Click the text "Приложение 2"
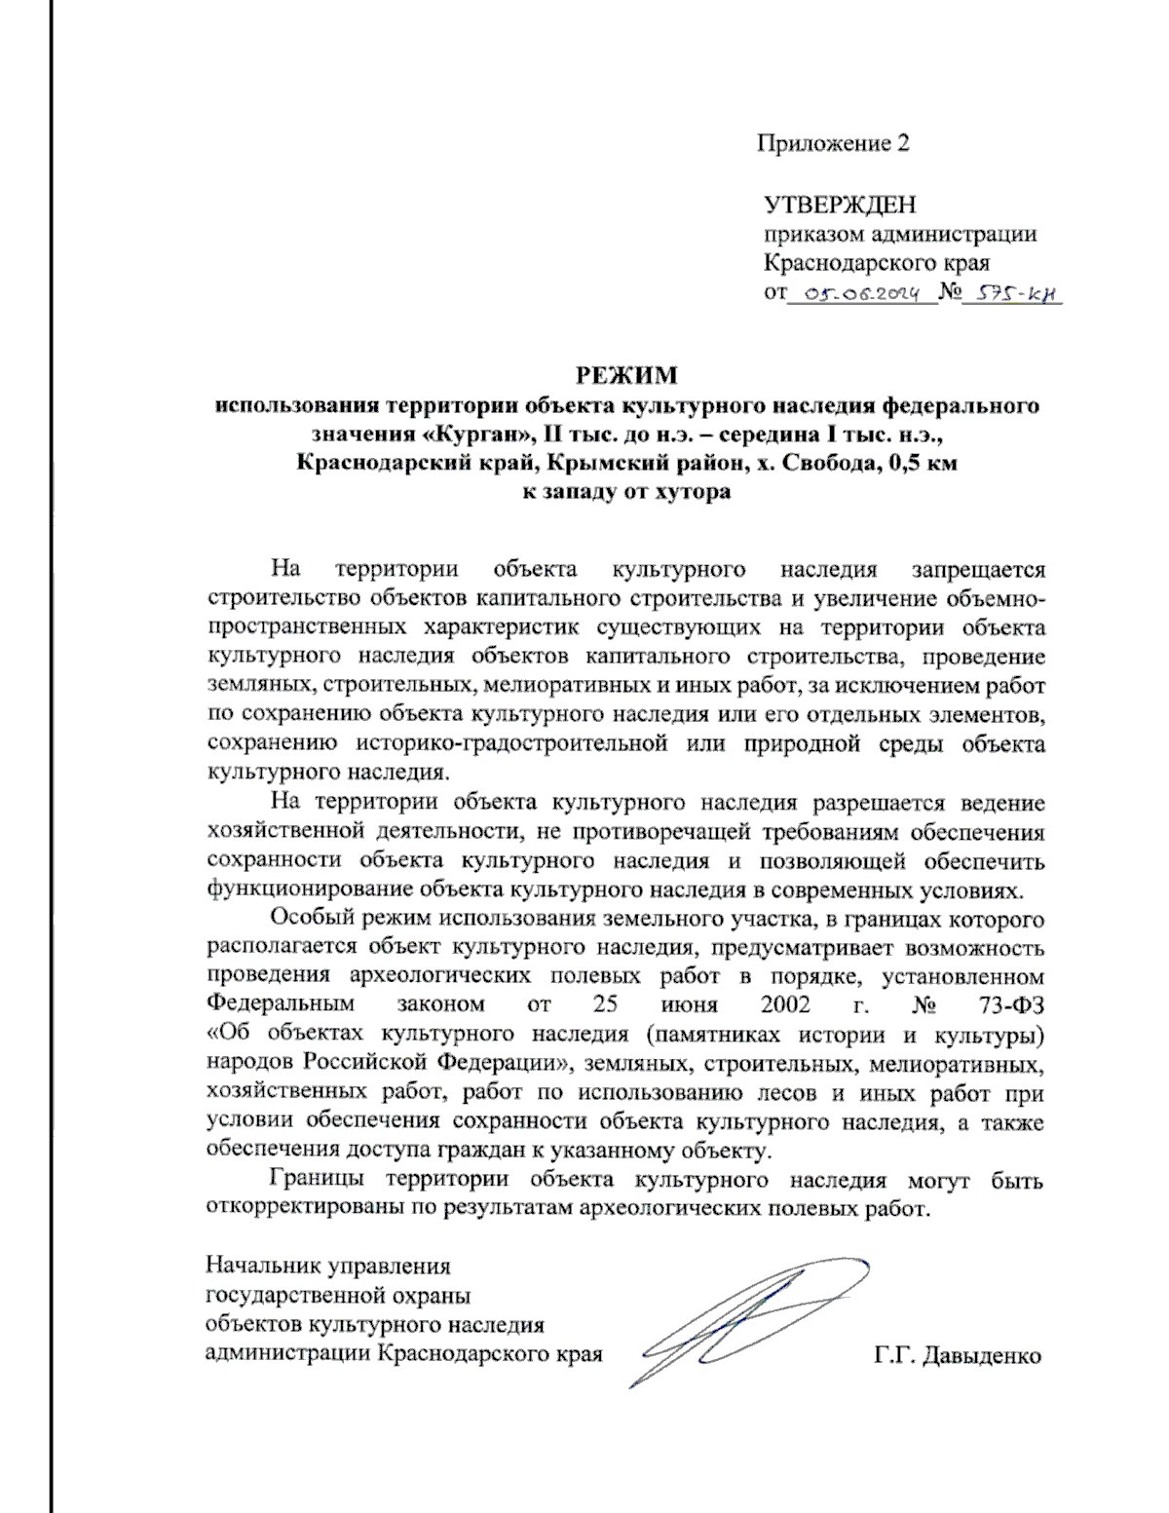[833, 144]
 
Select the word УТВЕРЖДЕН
[839, 206]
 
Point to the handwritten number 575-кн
[1010, 293]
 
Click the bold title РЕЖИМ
[625, 376]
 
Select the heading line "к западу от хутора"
[626, 492]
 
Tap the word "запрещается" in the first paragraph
[977, 569]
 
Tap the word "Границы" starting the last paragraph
[318, 1180]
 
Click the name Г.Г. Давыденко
[957, 1355]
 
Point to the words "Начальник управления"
[328, 1267]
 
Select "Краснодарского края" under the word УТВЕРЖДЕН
[876, 263]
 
